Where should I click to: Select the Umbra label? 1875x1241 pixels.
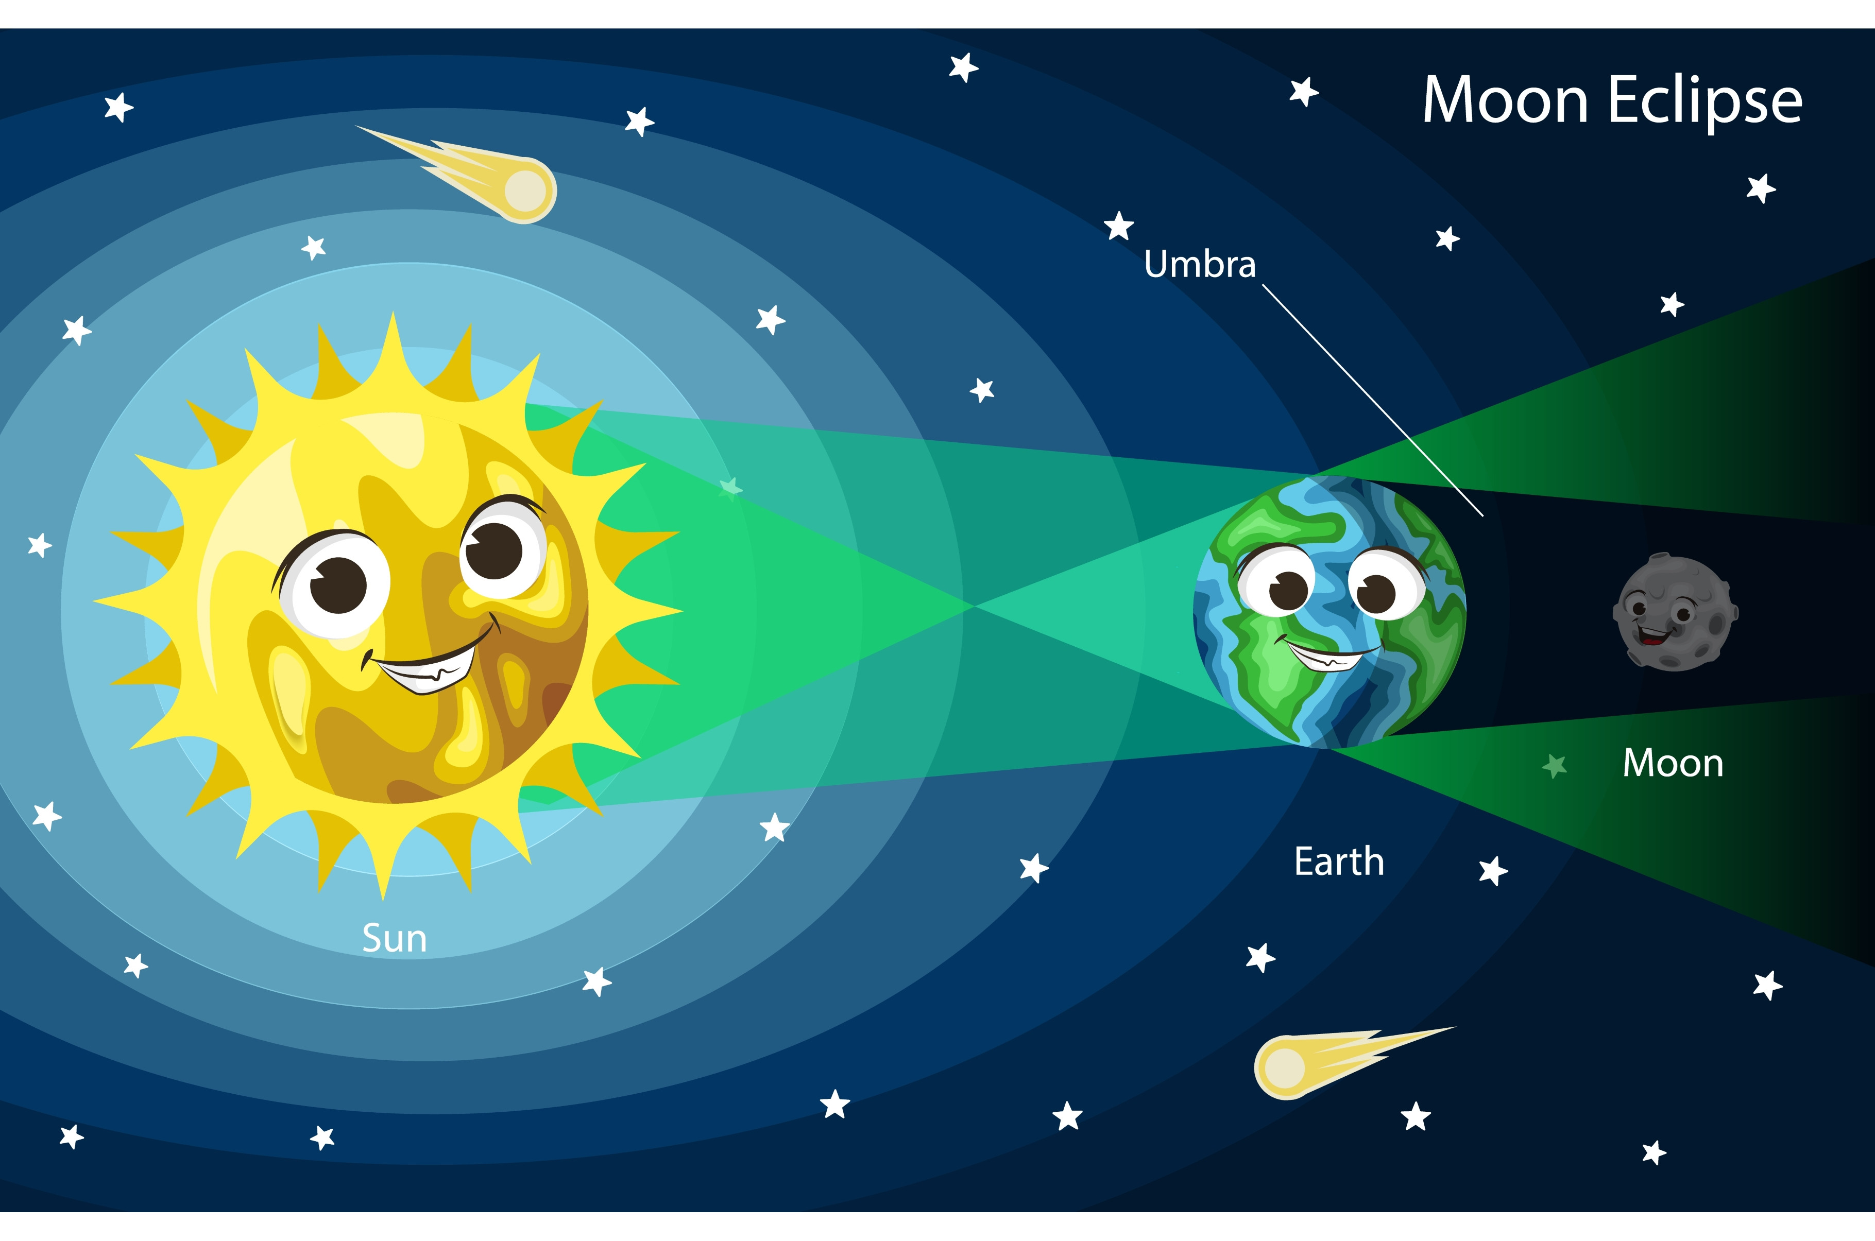pyautogui.click(x=1200, y=264)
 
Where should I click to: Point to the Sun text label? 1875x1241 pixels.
pyautogui.click(x=394, y=939)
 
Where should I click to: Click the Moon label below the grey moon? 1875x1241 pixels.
pyautogui.click(x=1673, y=763)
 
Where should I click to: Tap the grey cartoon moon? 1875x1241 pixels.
pyautogui.click(x=1676, y=612)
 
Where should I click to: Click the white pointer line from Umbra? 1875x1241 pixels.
pyautogui.click(x=1372, y=401)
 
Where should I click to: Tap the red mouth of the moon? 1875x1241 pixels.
pyautogui.click(x=1652, y=634)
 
